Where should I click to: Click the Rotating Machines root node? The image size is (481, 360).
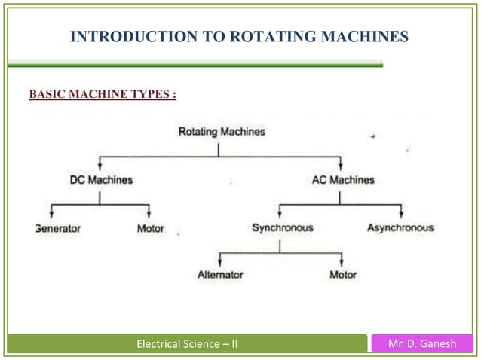[222, 132]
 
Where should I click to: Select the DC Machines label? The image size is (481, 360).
[101, 180]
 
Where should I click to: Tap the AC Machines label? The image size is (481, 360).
[342, 180]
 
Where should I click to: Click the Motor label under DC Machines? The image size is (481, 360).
[150, 227]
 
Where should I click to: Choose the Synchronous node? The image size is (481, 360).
[282, 227]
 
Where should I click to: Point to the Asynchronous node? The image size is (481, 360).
[400, 227]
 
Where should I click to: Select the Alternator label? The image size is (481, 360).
[220, 275]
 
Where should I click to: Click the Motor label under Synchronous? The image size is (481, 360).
[343, 275]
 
